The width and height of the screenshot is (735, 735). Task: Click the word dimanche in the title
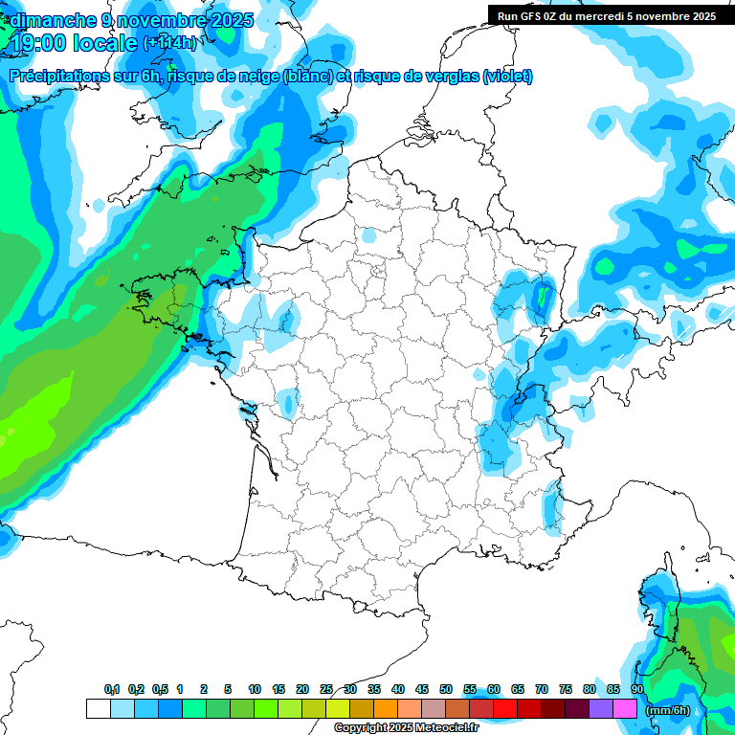pos(52,20)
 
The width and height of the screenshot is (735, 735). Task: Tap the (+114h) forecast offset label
pos(169,43)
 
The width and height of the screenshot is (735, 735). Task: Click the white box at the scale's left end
pos(98,709)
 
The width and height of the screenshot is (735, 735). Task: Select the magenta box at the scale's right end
pos(625,709)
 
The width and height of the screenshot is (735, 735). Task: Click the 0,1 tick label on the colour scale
pos(112,690)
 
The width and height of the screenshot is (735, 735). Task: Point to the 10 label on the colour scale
pos(254,690)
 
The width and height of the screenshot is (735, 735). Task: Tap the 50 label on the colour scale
pos(445,690)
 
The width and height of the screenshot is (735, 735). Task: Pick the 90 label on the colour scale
pos(637,690)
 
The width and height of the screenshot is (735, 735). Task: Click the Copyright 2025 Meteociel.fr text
pos(406,728)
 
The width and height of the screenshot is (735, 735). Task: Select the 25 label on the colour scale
pos(325,690)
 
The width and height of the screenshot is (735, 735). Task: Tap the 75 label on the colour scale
pos(566,690)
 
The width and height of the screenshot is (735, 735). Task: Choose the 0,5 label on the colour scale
pos(159,690)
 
